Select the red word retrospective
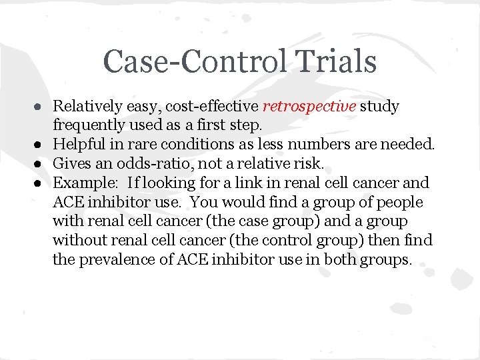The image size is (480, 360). point(309,106)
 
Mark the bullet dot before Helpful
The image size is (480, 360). point(41,145)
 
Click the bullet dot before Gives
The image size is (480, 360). point(41,164)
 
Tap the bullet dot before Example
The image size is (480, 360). point(41,183)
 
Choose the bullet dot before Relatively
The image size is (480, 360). point(41,107)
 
